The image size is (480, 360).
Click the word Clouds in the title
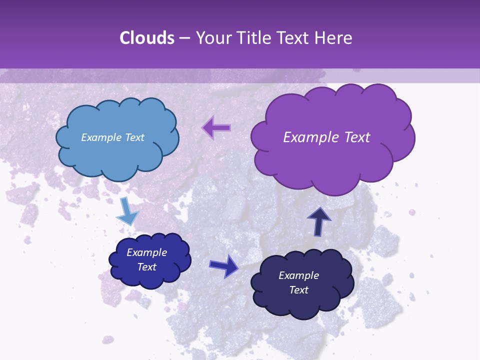[x=146, y=38]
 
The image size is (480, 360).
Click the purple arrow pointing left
[x=216, y=127]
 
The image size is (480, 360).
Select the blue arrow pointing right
[x=223, y=266]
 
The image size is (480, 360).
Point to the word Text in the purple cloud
[x=357, y=137]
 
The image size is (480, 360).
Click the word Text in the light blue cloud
[x=135, y=137]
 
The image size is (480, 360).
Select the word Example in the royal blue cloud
[x=146, y=252]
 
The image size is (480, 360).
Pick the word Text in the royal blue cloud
[x=146, y=267]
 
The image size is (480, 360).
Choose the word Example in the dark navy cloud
[x=298, y=275]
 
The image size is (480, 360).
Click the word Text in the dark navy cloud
[x=298, y=290]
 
